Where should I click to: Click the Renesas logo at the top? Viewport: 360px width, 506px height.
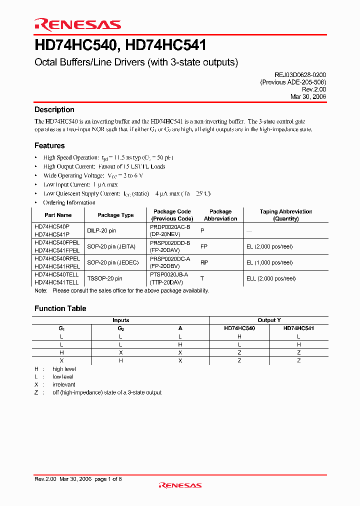(x=77, y=24)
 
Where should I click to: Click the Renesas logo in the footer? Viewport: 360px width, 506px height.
(x=180, y=485)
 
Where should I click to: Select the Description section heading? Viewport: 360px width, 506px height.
(x=54, y=109)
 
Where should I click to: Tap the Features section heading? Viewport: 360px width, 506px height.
(x=49, y=145)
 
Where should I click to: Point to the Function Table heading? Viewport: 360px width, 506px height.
(x=60, y=308)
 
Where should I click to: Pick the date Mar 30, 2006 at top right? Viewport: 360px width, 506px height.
(x=308, y=97)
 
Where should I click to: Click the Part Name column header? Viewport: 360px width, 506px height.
(x=58, y=215)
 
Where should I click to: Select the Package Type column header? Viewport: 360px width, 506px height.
(x=115, y=215)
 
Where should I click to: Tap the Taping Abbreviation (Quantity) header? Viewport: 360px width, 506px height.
(x=286, y=215)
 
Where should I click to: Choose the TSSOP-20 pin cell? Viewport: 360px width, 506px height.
(x=104, y=278)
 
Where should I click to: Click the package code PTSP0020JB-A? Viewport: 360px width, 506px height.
(x=169, y=274)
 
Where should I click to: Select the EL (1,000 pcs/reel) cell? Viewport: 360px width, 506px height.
(x=270, y=262)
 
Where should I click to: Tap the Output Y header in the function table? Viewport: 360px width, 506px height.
(x=269, y=320)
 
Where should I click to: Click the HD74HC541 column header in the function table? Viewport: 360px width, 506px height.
(x=298, y=328)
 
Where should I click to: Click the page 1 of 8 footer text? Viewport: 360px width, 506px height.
(x=108, y=479)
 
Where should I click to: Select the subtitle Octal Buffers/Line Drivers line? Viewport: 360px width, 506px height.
(x=136, y=62)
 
